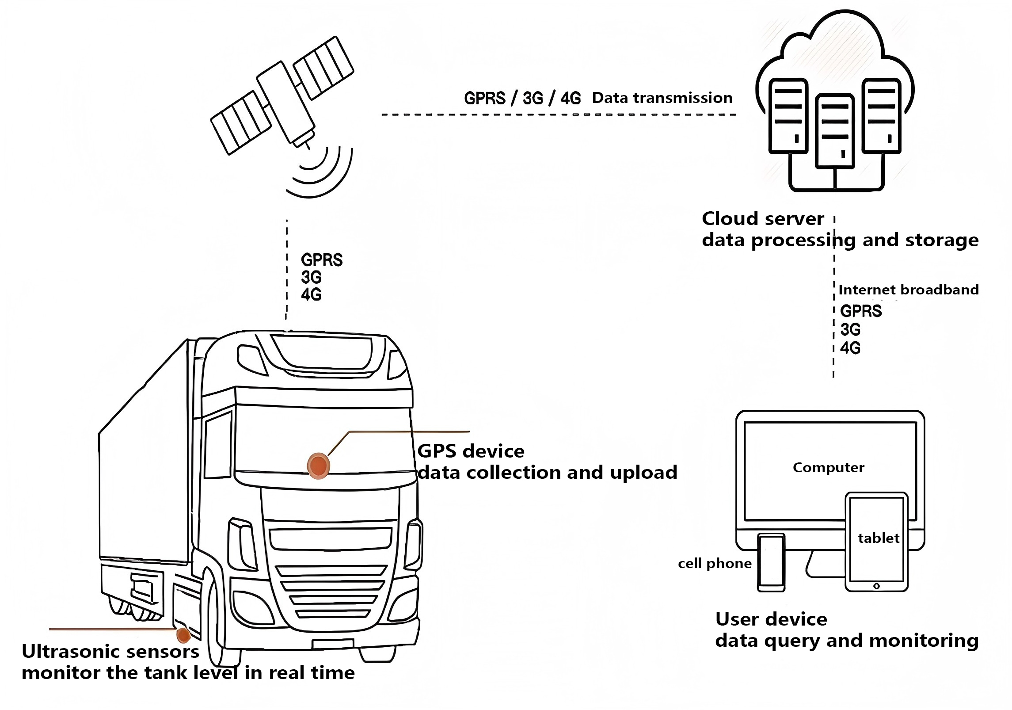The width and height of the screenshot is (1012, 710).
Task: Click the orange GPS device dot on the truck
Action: pos(318,466)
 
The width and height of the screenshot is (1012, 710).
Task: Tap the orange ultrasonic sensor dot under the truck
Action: pos(183,635)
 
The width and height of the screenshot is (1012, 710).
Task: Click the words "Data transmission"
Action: pos(662,98)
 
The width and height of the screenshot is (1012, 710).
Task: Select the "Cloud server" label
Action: pos(763,218)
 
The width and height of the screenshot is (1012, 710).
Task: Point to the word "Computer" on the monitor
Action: pos(829,467)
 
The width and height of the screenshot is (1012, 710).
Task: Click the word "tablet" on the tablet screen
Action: pos(879,538)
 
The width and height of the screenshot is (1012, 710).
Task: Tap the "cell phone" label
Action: pos(715,563)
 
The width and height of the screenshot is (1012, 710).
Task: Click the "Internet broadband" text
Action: pos(909,290)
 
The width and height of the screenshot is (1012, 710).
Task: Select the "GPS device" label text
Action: pos(471,451)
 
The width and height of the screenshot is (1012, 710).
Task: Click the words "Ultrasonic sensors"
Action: pos(110,651)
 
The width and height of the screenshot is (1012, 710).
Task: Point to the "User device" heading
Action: pos(771,619)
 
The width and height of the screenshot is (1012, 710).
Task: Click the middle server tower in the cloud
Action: pos(835,131)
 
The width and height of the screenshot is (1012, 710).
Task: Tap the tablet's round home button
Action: pos(877,586)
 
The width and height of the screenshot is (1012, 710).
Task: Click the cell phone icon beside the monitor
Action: pos(771,562)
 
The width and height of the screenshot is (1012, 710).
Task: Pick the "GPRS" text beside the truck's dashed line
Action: pos(322,260)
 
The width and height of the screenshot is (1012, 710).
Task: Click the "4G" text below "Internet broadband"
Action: pos(850,348)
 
